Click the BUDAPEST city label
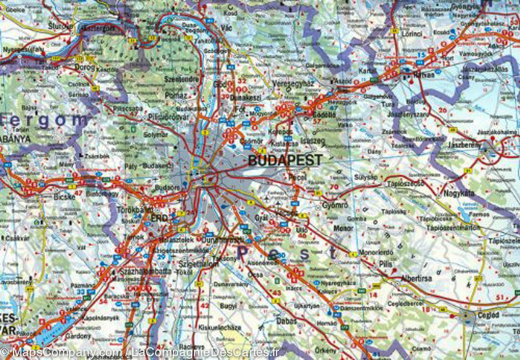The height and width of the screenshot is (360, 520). coord(285,160)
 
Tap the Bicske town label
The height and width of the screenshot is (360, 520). coord(65,196)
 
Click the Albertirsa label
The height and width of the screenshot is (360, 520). coord(416,278)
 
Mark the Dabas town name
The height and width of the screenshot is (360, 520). coord(286,321)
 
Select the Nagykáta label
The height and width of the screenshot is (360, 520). coord(458,193)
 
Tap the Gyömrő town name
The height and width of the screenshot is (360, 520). coord(335,206)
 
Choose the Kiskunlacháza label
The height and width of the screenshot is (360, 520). coord(219,327)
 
